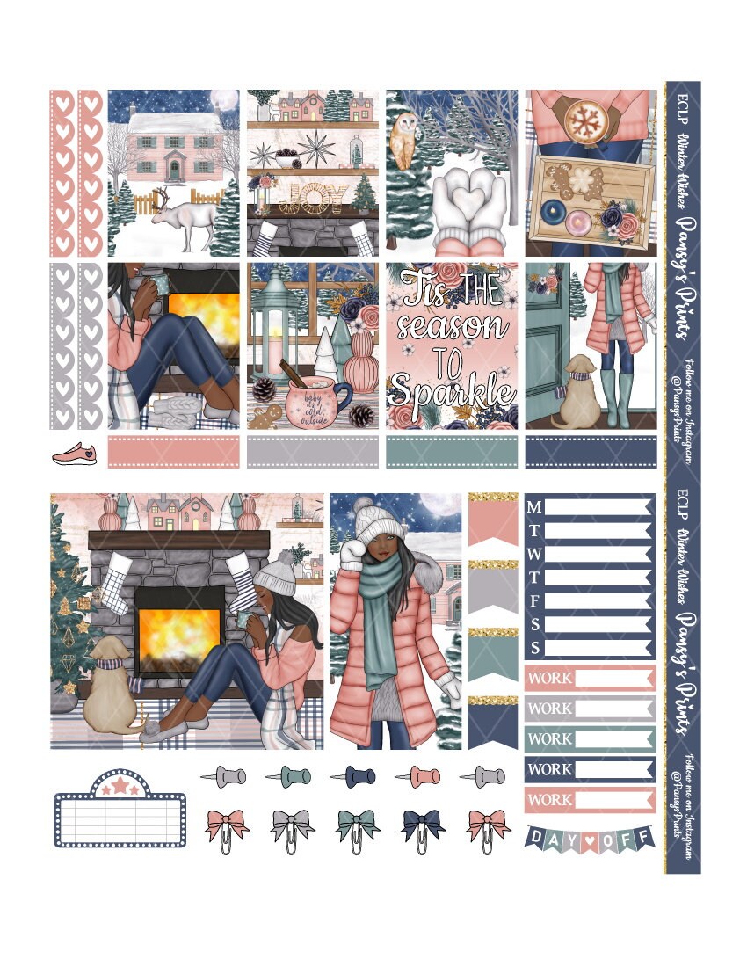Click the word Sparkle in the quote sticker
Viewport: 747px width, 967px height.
coord(452,388)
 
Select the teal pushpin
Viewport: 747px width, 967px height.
coord(288,776)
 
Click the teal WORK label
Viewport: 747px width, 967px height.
coord(590,738)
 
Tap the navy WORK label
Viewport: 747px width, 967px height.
coord(590,769)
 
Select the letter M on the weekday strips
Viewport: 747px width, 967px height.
coord(534,507)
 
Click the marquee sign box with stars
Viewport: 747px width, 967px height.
coord(120,810)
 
